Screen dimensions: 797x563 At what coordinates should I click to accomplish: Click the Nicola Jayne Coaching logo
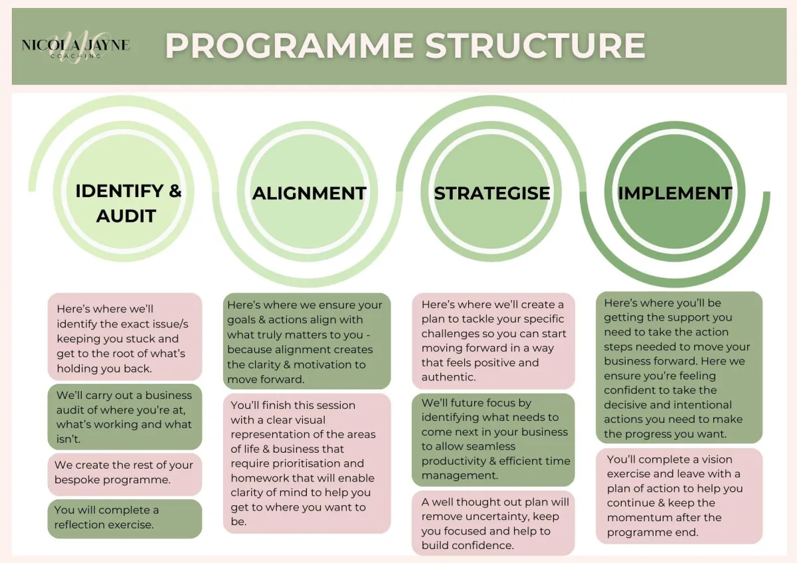point(76,47)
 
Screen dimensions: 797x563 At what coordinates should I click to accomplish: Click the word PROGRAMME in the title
point(290,46)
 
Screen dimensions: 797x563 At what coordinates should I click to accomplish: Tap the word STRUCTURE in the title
point(535,46)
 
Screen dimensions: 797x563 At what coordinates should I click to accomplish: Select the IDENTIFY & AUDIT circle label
point(128,203)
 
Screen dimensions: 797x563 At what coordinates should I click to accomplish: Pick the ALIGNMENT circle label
point(310,193)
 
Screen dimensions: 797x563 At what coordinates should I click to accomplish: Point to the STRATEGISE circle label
point(492,193)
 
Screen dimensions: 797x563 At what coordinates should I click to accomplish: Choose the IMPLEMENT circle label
point(675,193)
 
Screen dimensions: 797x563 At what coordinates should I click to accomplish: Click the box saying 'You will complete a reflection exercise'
point(125,519)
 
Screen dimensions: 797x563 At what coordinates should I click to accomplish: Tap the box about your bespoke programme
point(125,474)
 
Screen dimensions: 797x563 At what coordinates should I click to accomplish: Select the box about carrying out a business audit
point(125,416)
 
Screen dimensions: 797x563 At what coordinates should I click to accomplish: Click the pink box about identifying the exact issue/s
point(125,337)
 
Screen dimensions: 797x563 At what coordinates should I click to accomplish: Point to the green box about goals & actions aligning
point(307,341)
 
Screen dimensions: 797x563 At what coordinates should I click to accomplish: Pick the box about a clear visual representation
point(307,463)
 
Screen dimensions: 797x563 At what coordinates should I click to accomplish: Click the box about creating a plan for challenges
point(493,341)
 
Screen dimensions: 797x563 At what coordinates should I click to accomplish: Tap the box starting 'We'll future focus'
point(493,440)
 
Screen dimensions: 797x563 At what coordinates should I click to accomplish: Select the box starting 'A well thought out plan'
point(493,523)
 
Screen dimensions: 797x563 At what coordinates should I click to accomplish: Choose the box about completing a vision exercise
point(679,496)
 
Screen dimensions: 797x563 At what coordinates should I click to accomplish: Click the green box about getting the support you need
point(679,367)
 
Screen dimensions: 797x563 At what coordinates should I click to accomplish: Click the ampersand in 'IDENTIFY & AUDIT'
point(175,191)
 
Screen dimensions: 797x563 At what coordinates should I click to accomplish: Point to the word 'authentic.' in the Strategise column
point(448,377)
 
